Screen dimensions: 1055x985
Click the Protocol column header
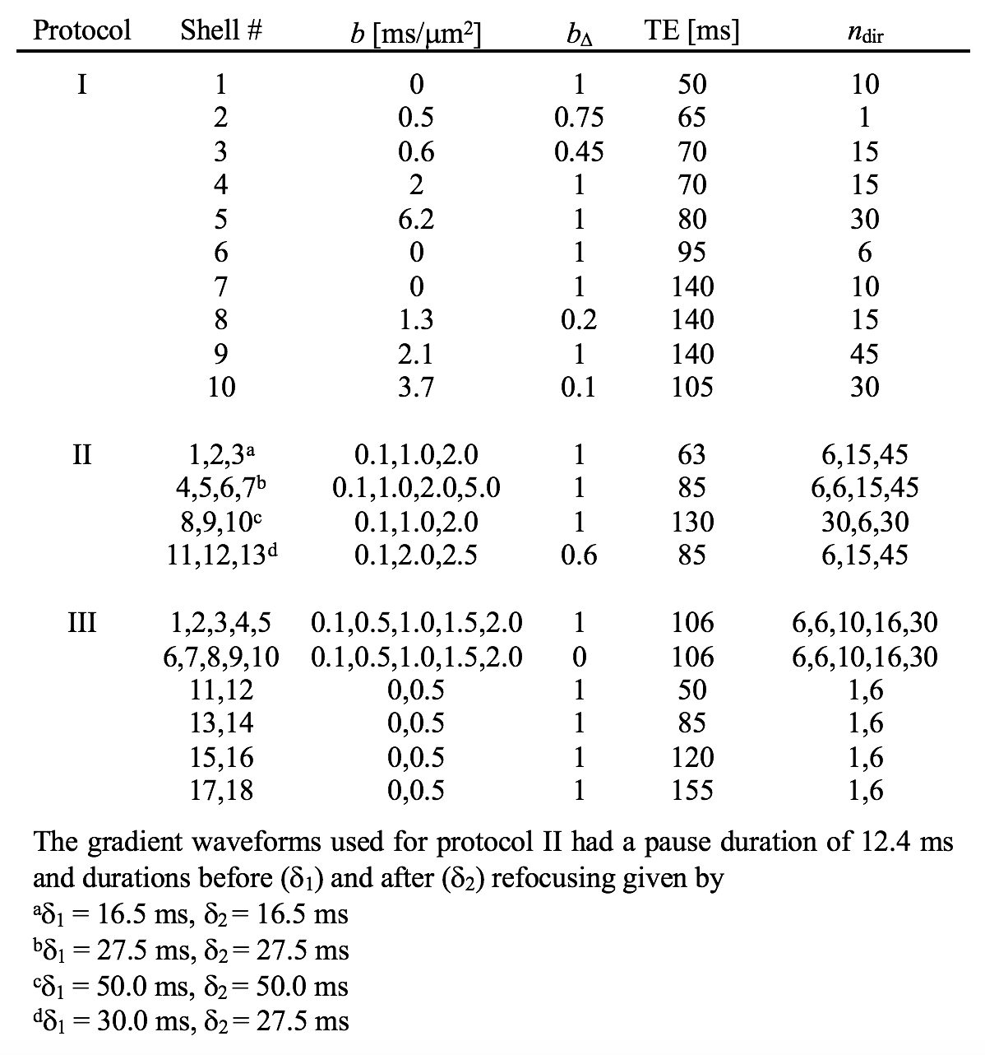click(81, 30)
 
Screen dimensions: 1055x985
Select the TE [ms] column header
click(691, 30)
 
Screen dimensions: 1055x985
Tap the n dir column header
click(864, 33)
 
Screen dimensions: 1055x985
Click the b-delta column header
click(579, 33)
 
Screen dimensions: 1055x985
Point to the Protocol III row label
click(81, 622)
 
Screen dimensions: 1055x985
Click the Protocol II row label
click(81, 453)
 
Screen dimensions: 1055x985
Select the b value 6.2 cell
click(416, 219)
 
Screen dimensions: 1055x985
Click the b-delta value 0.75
click(579, 118)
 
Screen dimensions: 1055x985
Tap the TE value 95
click(691, 253)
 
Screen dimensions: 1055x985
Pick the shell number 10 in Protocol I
click(220, 387)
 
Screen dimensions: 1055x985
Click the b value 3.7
click(416, 387)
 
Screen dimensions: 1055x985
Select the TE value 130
click(691, 522)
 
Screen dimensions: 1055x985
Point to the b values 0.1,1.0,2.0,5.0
click(416, 488)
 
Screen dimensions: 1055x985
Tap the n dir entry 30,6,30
click(864, 522)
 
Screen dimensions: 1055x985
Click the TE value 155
click(691, 790)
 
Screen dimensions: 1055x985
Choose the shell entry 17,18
click(220, 790)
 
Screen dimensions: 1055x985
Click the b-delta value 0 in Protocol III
click(579, 657)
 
